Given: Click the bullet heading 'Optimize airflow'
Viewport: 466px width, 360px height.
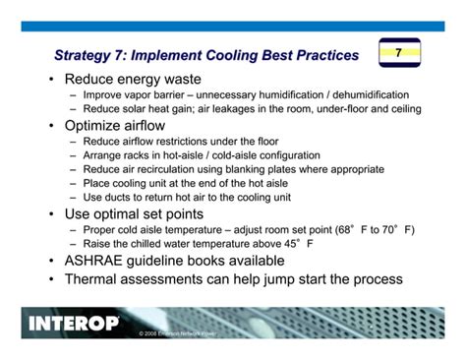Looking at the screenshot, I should [x=118, y=126].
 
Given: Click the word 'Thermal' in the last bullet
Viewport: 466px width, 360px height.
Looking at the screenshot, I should [x=94, y=279].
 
